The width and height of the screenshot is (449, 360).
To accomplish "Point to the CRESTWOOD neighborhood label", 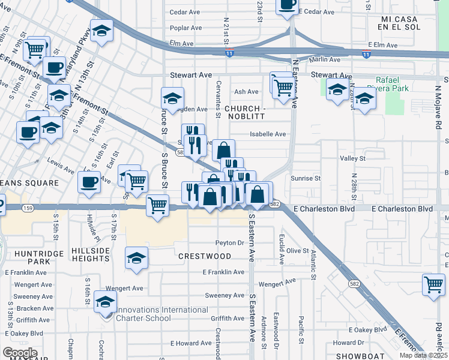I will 205,256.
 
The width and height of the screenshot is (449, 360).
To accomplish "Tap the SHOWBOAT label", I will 360,356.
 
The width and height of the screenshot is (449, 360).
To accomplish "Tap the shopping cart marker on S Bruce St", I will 157,206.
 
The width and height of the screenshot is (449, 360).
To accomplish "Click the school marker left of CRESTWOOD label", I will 136,258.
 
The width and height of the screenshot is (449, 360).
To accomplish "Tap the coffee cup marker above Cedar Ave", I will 287,5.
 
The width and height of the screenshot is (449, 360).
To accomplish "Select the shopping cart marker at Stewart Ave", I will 283,87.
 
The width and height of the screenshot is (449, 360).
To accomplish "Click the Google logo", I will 20,353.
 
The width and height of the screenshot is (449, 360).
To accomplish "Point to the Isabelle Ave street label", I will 272,134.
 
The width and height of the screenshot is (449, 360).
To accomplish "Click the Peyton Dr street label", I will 231,243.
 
